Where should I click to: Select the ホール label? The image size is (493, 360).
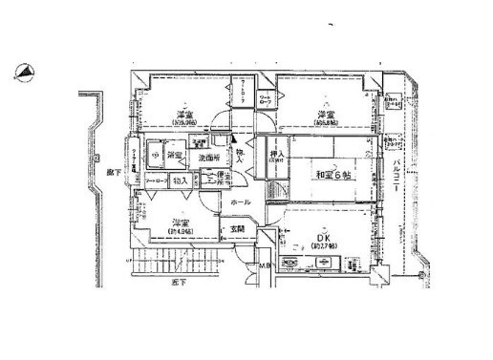pos(240,202)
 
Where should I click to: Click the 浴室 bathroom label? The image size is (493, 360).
pos(175,155)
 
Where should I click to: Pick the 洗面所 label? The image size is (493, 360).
pos(211,158)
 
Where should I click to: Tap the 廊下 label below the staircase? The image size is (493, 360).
pos(178,284)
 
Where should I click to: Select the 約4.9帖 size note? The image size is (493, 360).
pos(155,231)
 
